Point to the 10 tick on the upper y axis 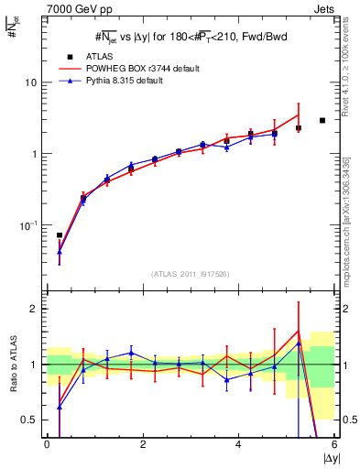point(31,82)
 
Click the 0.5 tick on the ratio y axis point(30,420)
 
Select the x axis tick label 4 point(238,443)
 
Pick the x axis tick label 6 point(334,443)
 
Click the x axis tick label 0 point(47,443)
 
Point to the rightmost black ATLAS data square point(322,120)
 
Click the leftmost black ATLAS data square point(60,235)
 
